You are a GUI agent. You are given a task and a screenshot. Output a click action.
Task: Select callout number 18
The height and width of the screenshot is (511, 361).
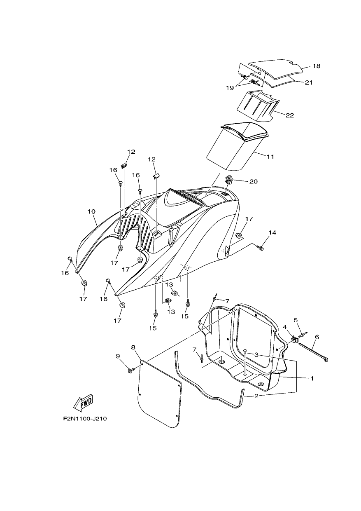pos(316,66)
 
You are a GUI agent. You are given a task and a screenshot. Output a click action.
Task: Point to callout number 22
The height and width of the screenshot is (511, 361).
pos(290,115)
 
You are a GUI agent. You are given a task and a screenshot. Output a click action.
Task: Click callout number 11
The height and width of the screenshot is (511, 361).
pos(270,157)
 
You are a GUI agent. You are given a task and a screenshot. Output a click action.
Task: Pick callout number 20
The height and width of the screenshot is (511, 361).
pos(254,181)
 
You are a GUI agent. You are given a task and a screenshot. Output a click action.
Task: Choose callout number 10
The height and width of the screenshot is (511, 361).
pos(91,211)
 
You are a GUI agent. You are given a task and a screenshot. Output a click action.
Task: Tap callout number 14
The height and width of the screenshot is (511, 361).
pos(272,232)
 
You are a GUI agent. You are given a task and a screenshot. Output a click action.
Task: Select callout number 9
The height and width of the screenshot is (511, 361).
pos(118,356)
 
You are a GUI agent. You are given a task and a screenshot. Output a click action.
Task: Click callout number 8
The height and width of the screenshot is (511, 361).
pos(133,347)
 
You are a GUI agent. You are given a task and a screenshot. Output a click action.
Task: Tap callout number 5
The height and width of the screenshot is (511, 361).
pos(296,320)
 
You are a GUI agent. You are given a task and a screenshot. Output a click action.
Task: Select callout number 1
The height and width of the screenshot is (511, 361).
pos(312,378)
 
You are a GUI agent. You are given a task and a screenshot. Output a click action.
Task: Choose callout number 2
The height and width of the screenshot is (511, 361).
pos(256,396)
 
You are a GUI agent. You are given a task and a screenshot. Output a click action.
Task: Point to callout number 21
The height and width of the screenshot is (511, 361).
pos(309,82)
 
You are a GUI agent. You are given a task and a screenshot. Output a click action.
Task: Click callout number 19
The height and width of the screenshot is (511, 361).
pos(230,88)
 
